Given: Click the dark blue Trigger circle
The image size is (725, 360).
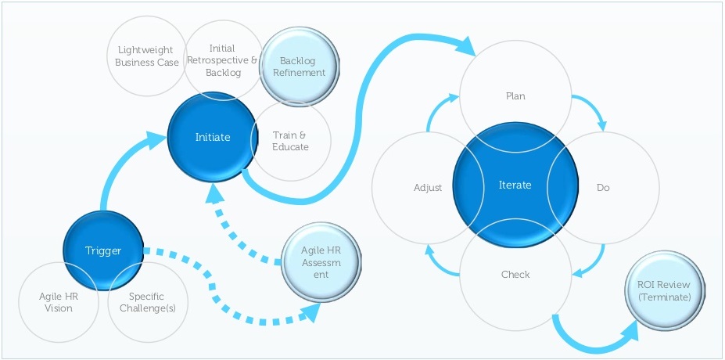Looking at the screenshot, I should [x=103, y=250].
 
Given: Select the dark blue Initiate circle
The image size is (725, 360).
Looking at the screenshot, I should [x=213, y=138].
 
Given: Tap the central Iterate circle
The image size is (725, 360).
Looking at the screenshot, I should [x=515, y=185].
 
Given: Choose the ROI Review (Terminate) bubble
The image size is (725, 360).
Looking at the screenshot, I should [x=664, y=291].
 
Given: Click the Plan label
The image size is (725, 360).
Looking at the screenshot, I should [x=515, y=96].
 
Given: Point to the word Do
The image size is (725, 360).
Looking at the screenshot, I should [x=603, y=188].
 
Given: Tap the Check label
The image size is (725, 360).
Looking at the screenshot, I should [x=515, y=274].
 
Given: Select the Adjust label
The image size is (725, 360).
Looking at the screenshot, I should [x=428, y=188].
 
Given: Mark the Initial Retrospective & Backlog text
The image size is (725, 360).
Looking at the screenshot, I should [x=222, y=60].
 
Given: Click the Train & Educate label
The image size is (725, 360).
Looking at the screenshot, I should [x=290, y=141].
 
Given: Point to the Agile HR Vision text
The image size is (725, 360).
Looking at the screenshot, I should [x=56, y=302].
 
